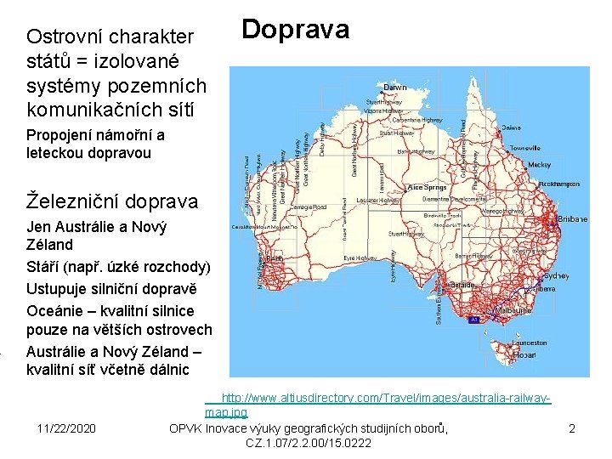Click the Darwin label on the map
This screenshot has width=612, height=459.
click(395, 88)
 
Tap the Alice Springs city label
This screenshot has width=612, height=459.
click(427, 187)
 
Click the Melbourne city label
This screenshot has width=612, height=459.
click(513, 311)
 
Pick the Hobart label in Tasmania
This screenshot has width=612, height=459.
click(524, 354)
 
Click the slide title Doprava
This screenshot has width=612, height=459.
click(295, 30)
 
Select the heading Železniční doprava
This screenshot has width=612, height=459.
click(112, 201)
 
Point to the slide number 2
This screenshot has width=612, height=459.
click(572, 428)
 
